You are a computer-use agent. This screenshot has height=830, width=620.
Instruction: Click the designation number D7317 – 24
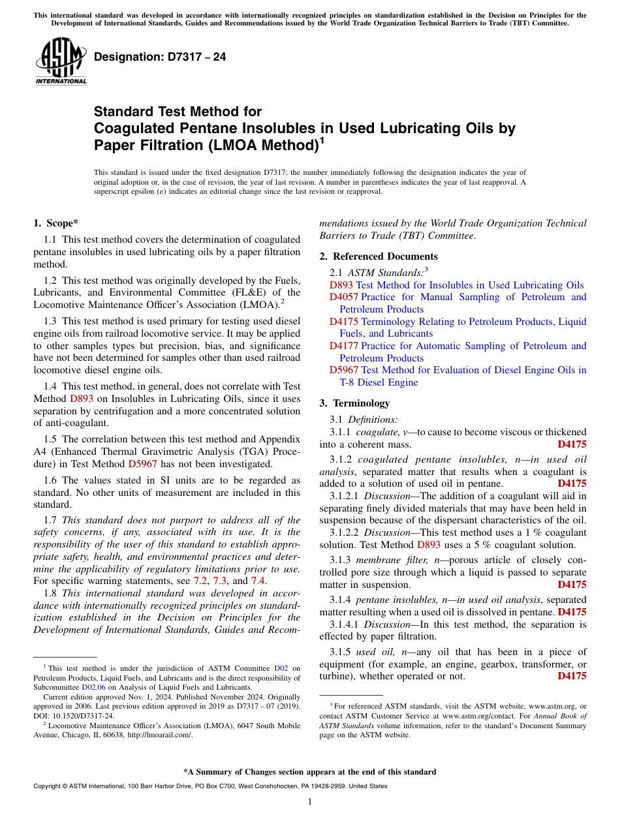click(x=160, y=57)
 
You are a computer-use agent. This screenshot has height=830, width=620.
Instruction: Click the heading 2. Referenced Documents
click(x=379, y=256)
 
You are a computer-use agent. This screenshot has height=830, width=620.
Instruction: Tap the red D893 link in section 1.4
click(x=83, y=398)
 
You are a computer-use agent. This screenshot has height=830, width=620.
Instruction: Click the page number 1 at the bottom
click(x=309, y=802)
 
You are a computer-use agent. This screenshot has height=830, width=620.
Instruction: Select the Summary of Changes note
click(x=309, y=772)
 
